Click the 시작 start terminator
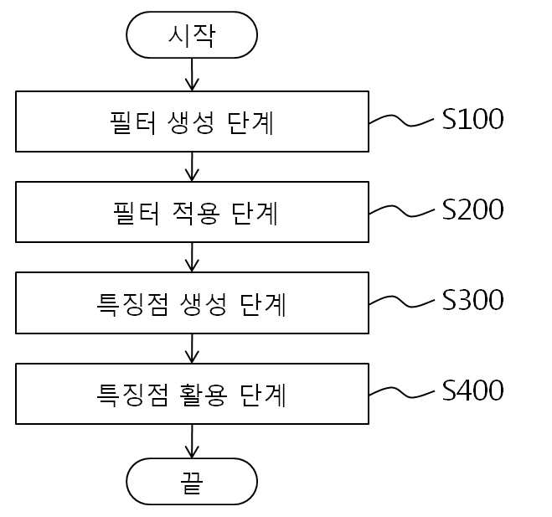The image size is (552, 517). pyautogui.click(x=192, y=35)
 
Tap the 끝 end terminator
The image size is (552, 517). pyautogui.click(x=192, y=482)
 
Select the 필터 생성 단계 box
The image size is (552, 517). pyautogui.click(x=192, y=121)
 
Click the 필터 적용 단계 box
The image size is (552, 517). pyautogui.click(x=192, y=212)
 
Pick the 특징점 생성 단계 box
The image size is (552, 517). pyautogui.click(x=192, y=302)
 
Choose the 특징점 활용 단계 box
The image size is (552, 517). pyautogui.click(x=192, y=394)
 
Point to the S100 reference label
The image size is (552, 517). pyautogui.click(x=472, y=119)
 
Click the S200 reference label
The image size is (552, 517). pyautogui.click(x=472, y=209)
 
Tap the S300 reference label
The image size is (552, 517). pyautogui.click(x=472, y=300)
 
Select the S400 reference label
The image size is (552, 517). pyautogui.click(x=472, y=390)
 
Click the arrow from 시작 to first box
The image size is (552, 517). pyautogui.click(x=192, y=75)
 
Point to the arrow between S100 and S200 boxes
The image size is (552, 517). pyautogui.click(x=192, y=167)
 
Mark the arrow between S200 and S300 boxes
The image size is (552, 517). pyautogui.click(x=192, y=257)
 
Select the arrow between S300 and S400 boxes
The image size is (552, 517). pyautogui.click(x=192, y=349)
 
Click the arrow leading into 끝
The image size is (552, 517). pyautogui.click(x=192, y=442)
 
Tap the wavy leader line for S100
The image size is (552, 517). pyautogui.click(x=402, y=120)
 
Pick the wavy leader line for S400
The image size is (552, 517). pyautogui.click(x=402, y=392)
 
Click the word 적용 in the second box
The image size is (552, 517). pyautogui.click(x=197, y=213)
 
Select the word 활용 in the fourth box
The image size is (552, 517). pyautogui.click(x=204, y=396)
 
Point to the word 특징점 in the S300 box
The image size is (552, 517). pyautogui.click(x=132, y=304)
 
